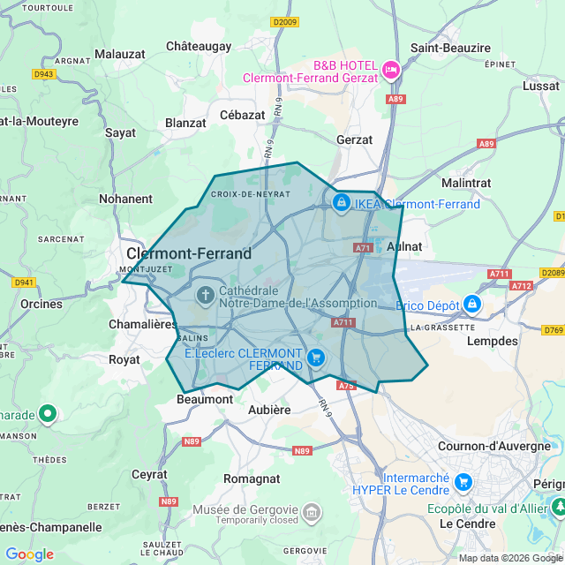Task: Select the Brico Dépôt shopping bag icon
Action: (472, 304)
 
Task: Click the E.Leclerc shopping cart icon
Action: (317, 358)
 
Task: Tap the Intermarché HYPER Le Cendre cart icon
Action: (463, 483)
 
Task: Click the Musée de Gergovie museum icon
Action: (311, 511)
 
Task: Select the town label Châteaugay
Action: (199, 46)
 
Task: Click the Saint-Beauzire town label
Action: (450, 48)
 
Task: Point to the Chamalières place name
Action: (142, 324)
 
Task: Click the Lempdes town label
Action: (492, 341)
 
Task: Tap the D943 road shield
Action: (44, 74)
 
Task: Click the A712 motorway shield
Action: (521, 285)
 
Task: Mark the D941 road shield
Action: (24, 282)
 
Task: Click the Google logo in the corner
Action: (29, 554)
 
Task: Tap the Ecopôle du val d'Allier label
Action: (488, 508)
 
